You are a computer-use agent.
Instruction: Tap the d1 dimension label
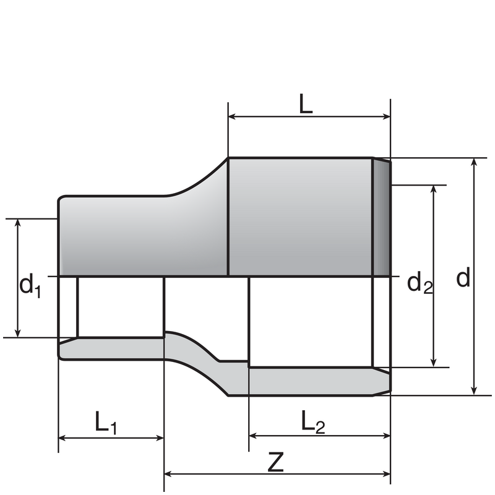tap(29, 286)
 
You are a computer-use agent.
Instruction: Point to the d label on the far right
tap(463, 278)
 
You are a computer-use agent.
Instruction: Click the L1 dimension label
tap(106, 423)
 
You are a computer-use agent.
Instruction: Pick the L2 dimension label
tap(312, 423)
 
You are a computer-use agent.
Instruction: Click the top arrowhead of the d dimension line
tap(474, 163)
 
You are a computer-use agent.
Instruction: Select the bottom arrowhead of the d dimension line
tap(474, 390)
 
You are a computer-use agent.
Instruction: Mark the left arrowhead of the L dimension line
tap(233, 116)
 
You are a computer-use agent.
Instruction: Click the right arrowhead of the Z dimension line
tap(386, 475)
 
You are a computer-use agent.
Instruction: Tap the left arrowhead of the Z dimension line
tap(169, 475)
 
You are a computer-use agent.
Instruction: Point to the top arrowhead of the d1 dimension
tap(18, 223)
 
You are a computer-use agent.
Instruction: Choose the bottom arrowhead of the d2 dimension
tap(434, 363)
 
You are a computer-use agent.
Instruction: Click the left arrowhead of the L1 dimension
tap(63, 437)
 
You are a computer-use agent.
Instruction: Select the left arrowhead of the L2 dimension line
tap(254, 436)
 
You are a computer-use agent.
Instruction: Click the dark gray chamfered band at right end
tap(381, 217)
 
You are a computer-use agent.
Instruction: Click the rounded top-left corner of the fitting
tap(61, 199)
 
